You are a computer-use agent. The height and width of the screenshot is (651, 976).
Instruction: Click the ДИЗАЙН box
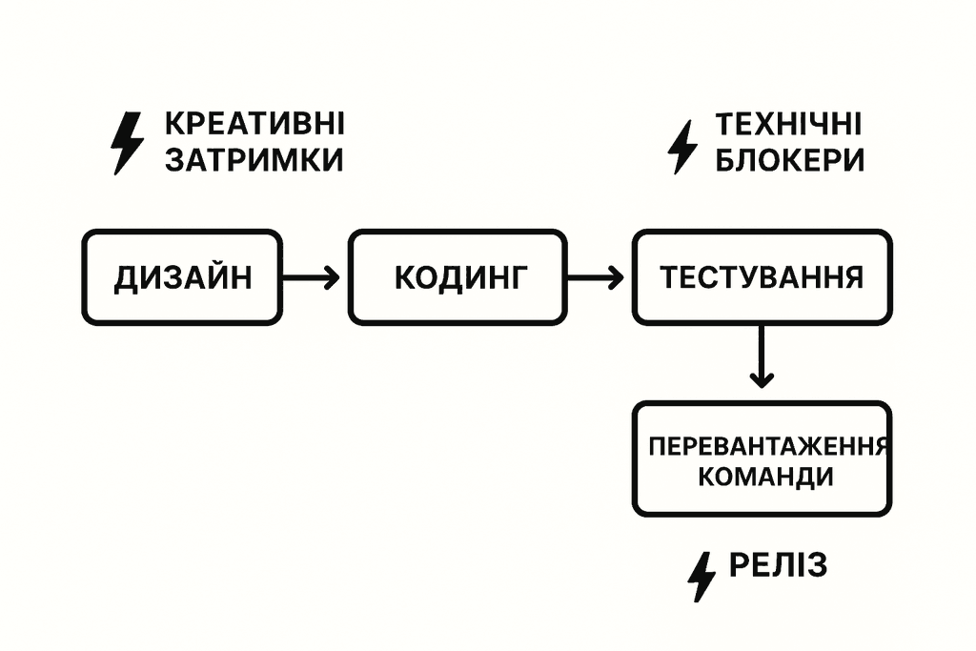(x=181, y=277)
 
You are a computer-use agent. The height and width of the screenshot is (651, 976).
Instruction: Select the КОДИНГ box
(x=457, y=277)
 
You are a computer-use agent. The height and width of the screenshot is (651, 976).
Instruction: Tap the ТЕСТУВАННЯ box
(x=762, y=277)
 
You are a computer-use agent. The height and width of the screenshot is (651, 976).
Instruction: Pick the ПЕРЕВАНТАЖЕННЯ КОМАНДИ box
(x=762, y=459)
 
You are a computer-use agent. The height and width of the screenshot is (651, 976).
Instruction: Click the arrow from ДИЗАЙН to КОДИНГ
(x=312, y=277)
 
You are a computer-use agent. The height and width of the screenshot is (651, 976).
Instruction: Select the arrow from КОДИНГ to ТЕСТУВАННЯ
(x=595, y=277)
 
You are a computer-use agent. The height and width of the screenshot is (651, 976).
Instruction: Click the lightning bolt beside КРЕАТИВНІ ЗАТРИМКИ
(x=127, y=143)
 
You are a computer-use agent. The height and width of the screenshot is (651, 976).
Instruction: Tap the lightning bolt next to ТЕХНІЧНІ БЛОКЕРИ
(x=681, y=146)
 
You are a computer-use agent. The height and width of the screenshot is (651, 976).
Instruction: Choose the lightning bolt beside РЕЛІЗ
(x=702, y=575)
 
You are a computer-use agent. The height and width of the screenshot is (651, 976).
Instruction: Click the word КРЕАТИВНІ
(x=254, y=125)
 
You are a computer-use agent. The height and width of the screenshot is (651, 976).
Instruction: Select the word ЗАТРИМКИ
(x=254, y=160)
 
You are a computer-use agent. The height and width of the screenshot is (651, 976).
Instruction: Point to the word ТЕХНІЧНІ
(x=788, y=125)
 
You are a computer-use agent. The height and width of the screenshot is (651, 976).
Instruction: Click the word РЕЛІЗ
(x=778, y=565)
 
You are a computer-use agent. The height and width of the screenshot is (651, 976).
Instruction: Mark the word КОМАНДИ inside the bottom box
(x=765, y=476)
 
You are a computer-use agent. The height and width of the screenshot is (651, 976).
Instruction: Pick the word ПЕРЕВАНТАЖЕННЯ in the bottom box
(x=768, y=445)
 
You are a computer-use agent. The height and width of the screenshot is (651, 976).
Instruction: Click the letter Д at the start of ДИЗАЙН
(x=125, y=278)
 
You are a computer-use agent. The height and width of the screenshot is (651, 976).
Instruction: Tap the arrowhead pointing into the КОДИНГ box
(x=331, y=277)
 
